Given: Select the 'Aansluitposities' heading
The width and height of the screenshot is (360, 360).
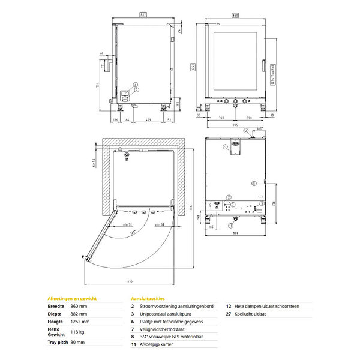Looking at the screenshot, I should (148, 298).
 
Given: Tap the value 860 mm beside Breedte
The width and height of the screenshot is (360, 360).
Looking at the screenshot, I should (79, 306).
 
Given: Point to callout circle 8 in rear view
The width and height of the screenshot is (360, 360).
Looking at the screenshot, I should (254, 182).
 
